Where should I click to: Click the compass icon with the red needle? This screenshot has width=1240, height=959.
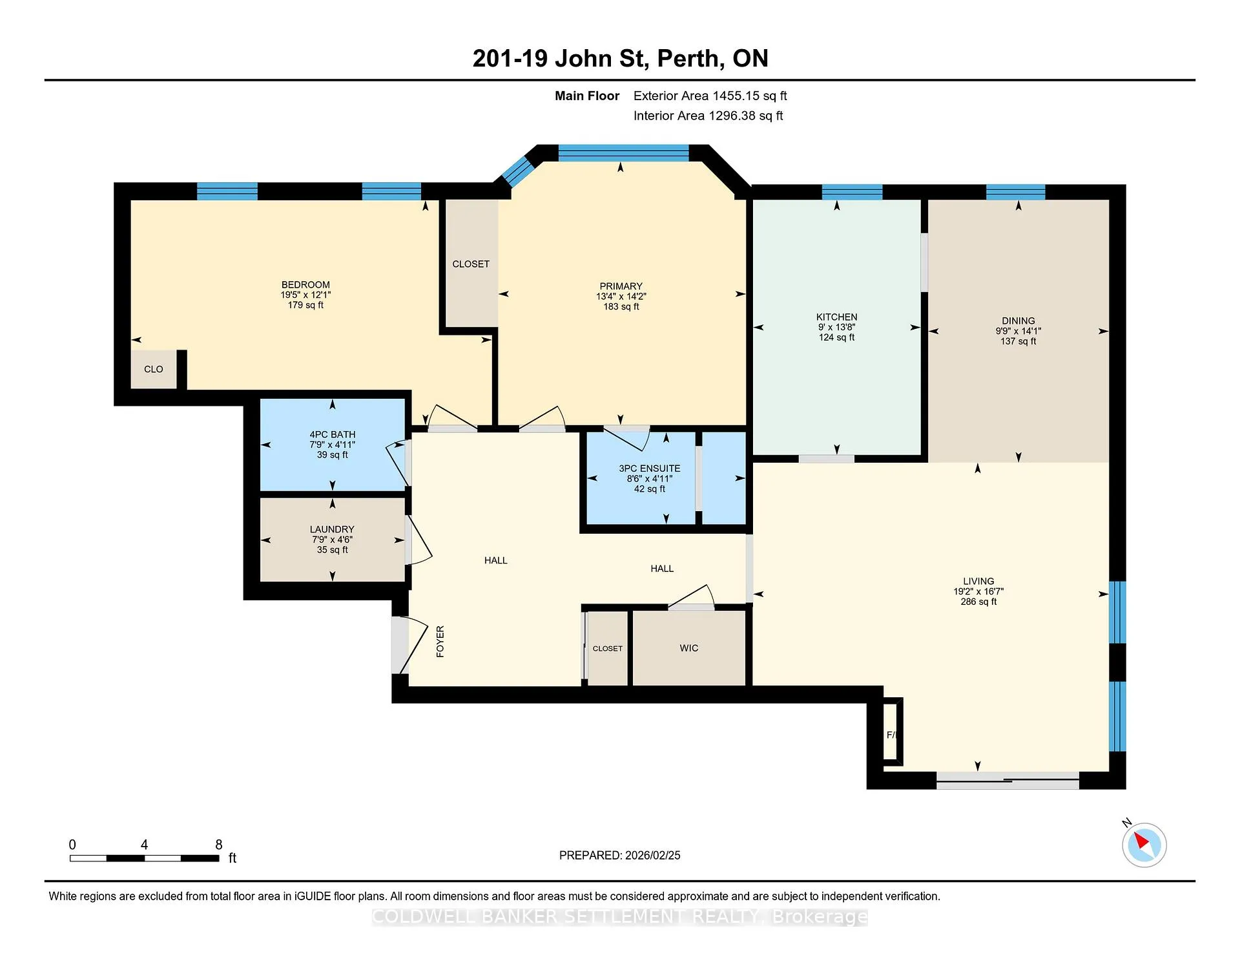1144,845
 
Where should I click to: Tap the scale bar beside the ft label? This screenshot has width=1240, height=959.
145,858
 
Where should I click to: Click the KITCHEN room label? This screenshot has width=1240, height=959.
836,317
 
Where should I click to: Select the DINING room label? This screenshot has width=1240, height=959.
1018,321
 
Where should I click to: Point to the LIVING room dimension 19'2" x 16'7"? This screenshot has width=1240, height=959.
978,591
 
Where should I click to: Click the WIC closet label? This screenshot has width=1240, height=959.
688,648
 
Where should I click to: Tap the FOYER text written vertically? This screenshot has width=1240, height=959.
440,642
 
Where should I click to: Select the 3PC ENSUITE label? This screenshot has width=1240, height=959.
649,469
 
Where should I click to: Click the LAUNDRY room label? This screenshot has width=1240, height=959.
332,529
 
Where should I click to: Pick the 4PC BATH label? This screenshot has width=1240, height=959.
332,435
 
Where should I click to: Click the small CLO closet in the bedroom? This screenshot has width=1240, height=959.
154,369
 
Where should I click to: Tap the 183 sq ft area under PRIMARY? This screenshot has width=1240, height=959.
621,306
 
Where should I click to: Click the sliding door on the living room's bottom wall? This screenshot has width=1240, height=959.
1008,780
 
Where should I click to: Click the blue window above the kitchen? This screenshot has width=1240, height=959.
852,192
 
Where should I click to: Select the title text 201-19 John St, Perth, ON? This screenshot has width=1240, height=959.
620,58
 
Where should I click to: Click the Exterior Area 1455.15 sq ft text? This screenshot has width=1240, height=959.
710,96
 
